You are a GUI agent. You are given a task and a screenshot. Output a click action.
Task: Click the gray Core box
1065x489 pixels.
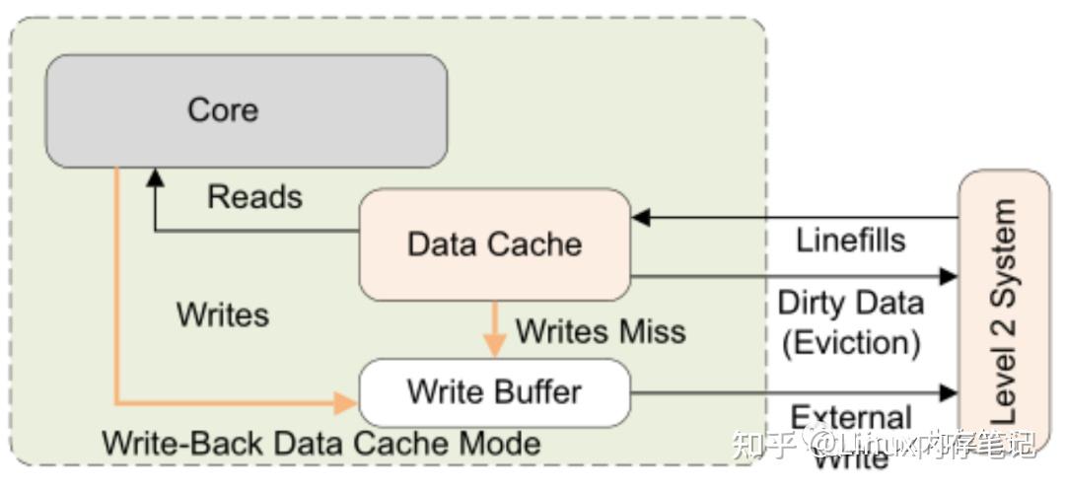pyautogui.click(x=247, y=110)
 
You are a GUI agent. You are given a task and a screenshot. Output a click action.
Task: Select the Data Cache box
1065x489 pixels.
pyautogui.click(x=494, y=244)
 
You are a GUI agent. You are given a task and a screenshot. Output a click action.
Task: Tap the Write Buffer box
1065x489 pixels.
pyautogui.click(x=494, y=391)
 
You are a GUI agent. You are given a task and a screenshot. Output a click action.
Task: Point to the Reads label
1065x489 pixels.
pyautogui.click(x=254, y=196)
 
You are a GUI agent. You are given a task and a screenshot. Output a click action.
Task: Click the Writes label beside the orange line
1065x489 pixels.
pyautogui.click(x=222, y=314)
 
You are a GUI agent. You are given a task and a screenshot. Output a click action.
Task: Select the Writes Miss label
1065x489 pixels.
pyautogui.click(x=601, y=331)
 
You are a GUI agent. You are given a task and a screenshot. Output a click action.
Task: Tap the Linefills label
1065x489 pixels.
pyautogui.click(x=850, y=239)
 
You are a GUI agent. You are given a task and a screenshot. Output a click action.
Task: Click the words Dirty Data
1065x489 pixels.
pyautogui.click(x=850, y=303)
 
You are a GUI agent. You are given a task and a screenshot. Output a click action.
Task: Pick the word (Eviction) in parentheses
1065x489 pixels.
pyautogui.click(x=850, y=342)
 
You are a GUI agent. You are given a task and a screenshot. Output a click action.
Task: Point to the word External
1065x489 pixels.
pyautogui.click(x=850, y=417)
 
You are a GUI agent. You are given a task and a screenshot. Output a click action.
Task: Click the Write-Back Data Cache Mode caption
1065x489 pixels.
pyautogui.click(x=321, y=443)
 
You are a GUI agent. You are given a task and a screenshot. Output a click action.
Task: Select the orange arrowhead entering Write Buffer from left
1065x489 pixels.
pyautogui.click(x=346, y=402)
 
